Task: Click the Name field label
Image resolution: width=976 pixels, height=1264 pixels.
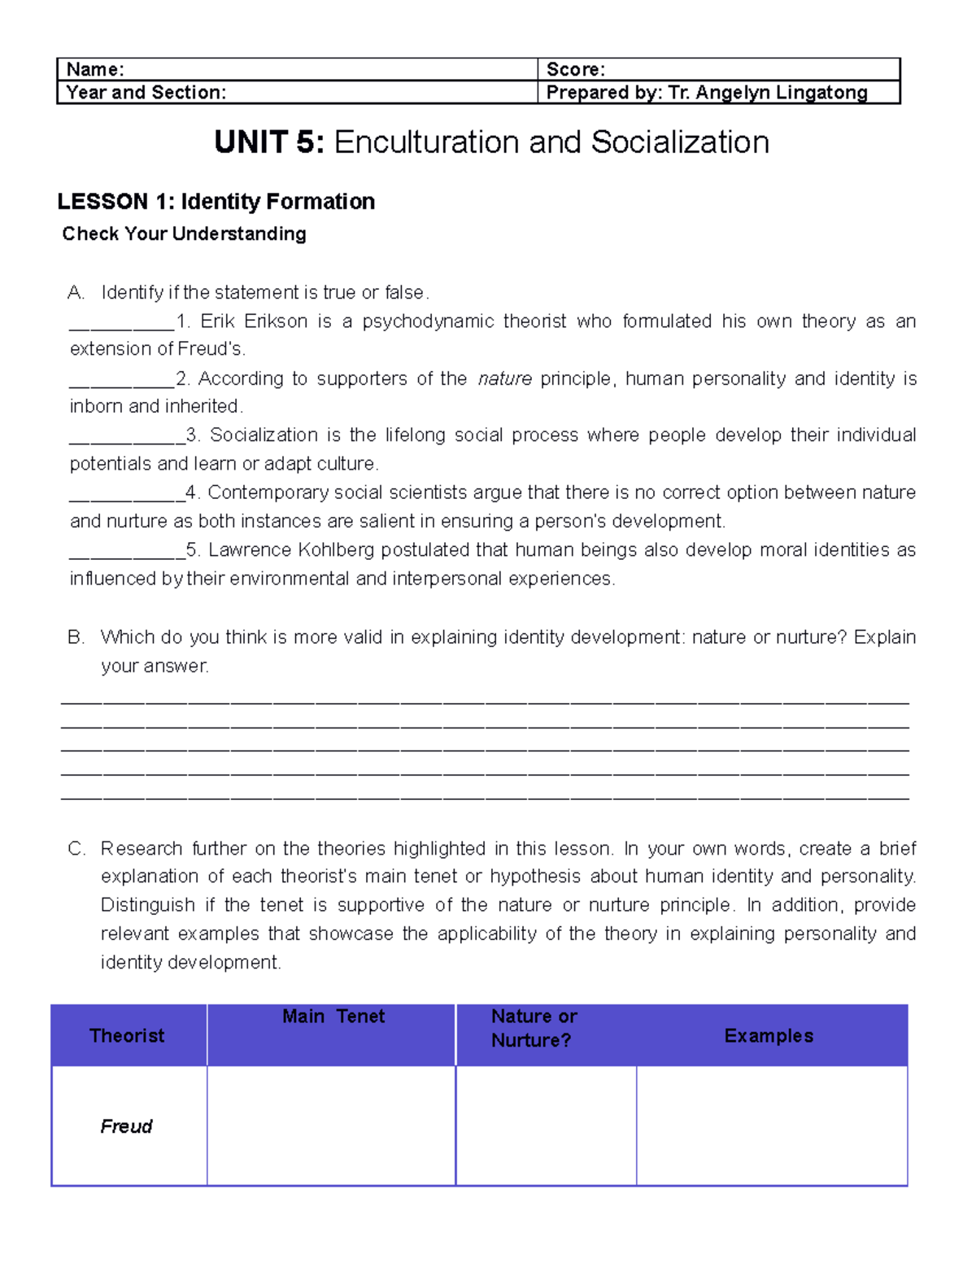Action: tap(95, 70)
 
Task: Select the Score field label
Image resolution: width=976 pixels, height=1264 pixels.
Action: tap(575, 70)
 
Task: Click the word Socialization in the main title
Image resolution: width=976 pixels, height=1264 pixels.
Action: tap(680, 142)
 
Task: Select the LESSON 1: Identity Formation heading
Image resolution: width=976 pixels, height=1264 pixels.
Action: tap(216, 201)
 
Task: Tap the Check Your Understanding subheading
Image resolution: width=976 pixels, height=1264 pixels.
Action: tap(184, 234)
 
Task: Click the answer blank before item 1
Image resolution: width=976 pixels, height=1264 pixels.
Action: tap(122, 324)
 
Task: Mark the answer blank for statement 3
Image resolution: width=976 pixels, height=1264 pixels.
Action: tap(127, 438)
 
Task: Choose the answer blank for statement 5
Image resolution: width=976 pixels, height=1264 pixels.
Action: tap(127, 553)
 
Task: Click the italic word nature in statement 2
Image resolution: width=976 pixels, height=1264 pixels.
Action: tap(505, 378)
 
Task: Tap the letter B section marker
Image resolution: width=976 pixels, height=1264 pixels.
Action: tap(76, 637)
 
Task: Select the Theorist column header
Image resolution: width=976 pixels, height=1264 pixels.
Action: tap(127, 1035)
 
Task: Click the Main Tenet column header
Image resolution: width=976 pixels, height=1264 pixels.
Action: tap(333, 1017)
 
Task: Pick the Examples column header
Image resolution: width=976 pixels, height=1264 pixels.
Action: tap(769, 1035)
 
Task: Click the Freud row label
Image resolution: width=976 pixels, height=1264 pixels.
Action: tap(126, 1126)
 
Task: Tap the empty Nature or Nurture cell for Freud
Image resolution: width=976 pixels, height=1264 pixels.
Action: tap(546, 1126)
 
